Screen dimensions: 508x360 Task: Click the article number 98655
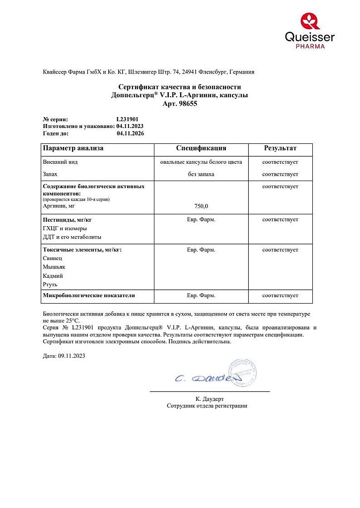tap(190, 104)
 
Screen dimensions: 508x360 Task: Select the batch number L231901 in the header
tap(127, 120)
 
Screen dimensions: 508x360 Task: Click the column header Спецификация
tap(201, 148)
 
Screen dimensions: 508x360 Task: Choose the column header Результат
tap(280, 148)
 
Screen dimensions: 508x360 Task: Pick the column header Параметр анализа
tap(73, 148)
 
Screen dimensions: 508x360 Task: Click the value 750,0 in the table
tap(201, 206)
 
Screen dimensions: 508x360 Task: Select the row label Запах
tap(50, 174)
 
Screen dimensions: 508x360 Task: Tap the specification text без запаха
tap(201, 174)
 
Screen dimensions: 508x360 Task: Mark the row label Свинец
tap(53, 258)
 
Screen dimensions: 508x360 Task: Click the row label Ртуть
tap(50, 285)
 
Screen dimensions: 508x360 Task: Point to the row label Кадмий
tap(53, 276)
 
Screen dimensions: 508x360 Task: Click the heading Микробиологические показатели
tap(89, 295)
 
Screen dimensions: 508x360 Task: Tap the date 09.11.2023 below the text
tap(72, 356)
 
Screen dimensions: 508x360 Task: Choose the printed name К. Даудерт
tap(210, 398)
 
